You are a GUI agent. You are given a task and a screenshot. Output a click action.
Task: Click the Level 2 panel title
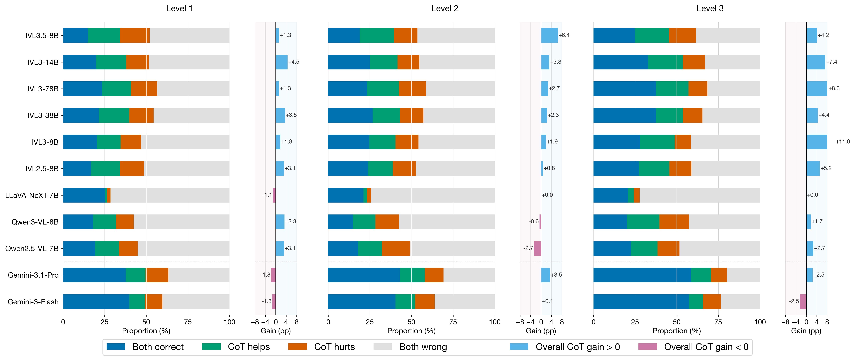pyautogui.click(x=444, y=9)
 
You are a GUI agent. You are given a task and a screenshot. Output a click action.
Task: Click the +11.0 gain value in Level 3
pyautogui.click(x=842, y=142)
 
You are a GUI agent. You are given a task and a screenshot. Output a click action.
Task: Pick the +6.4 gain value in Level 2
pyautogui.click(x=564, y=35)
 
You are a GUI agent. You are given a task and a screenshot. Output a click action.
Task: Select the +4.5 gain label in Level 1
pyautogui.click(x=293, y=62)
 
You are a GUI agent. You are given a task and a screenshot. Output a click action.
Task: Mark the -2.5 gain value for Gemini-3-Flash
pyautogui.click(x=794, y=301)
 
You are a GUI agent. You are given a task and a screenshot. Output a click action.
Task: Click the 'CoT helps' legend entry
pyautogui.click(x=249, y=347)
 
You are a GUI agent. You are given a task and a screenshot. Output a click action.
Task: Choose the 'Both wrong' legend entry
pyautogui.click(x=423, y=347)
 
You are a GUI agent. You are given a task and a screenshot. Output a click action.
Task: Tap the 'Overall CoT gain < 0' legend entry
pyautogui.click(x=706, y=347)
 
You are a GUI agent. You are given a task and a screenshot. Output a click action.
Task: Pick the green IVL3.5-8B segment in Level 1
pyautogui.click(x=104, y=36)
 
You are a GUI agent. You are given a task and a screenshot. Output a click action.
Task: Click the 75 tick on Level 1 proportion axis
pyautogui.click(x=188, y=322)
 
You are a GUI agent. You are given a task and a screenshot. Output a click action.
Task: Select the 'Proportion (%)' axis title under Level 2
pyautogui.click(x=411, y=331)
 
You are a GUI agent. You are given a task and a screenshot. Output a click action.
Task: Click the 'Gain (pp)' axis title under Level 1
pyautogui.click(x=275, y=331)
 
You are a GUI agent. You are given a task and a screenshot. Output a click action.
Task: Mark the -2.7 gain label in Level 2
pyautogui.click(x=528, y=248)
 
